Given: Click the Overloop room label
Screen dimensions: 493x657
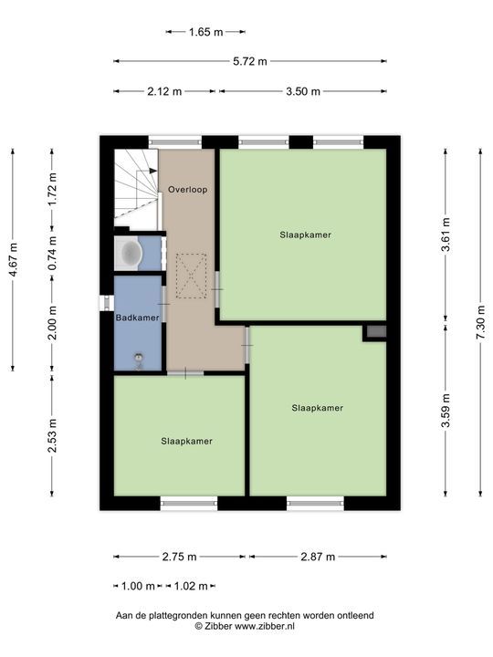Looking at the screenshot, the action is [x=187, y=190].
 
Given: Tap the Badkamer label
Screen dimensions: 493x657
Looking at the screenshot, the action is [x=138, y=318].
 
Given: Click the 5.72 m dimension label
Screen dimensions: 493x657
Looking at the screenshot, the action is [x=250, y=61].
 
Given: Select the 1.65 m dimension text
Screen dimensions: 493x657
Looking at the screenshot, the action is [x=205, y=32].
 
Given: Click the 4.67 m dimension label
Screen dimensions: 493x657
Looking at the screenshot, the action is [x=13, y=260].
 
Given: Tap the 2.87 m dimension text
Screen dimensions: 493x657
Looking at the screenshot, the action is [x=318, y=557].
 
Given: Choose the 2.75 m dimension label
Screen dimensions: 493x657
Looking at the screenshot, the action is [x=179, y=557].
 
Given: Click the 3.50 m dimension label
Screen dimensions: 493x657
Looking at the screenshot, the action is [x=303, y=91].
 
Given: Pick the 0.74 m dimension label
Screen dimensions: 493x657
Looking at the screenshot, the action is [x=52, y=254].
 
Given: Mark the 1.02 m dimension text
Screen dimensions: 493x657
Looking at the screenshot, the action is [x=191, y=586].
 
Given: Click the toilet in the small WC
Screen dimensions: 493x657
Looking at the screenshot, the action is [x=130, y=253].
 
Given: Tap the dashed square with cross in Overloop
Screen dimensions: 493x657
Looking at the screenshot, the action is [x=191, y=276].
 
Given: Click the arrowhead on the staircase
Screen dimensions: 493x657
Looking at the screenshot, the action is [x=153, y=171].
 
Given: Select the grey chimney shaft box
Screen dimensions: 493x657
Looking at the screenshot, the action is [x=376, y=331].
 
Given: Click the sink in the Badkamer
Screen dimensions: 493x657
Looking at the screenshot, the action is [x=139, y=358].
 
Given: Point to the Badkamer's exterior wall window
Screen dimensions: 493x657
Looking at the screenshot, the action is [x=107, y=303].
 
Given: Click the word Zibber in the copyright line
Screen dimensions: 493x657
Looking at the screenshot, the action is [x=218, y=626].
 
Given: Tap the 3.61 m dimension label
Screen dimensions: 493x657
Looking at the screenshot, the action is [x=446, y=235].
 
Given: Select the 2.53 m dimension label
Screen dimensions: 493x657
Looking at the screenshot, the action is [x=52, y=436].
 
